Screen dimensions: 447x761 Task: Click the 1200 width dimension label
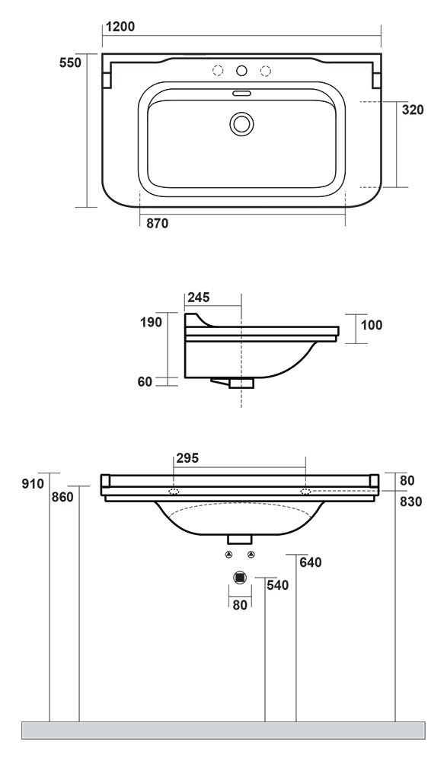120,27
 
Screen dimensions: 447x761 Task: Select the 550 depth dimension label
71,62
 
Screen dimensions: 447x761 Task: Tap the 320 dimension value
413,110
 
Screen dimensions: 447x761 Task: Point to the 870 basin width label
158,223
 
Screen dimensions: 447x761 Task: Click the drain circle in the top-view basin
241,123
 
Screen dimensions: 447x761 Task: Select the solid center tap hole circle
241,71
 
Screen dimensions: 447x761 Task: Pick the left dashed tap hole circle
218,71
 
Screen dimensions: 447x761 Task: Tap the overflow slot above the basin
241,93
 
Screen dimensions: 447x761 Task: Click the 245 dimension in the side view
199,297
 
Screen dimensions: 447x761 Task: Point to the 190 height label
151,322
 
